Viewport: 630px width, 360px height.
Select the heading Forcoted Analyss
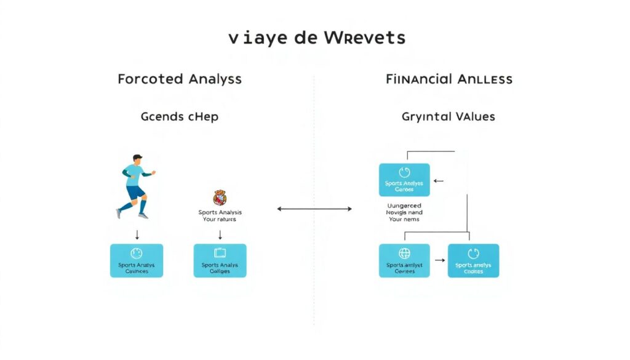[180, 79]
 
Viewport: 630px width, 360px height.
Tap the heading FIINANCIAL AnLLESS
[449, 79]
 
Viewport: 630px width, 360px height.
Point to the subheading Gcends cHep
[180, 116]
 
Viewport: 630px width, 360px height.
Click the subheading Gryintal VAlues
[449, 116]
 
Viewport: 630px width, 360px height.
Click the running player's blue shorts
[135, 191]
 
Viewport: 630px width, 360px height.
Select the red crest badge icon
[220, 198]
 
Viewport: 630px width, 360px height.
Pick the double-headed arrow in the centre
[314, 209]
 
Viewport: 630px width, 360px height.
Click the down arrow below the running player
[137, 234]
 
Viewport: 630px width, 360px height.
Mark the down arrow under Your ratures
[220, 234]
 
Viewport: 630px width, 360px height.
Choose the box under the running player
[137, 260]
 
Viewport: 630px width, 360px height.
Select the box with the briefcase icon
[220, 260]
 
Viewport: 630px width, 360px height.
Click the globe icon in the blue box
[404, 253]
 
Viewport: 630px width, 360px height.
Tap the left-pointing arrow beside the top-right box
[438, 181]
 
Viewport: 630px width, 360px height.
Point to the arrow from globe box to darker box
[439, 260]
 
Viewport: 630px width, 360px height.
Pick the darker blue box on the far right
[473, 260]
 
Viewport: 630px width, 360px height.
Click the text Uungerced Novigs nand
[404, 210]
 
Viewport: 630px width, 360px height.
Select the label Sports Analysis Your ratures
[217, 215]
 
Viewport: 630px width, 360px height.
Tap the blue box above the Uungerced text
[404, 180]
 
